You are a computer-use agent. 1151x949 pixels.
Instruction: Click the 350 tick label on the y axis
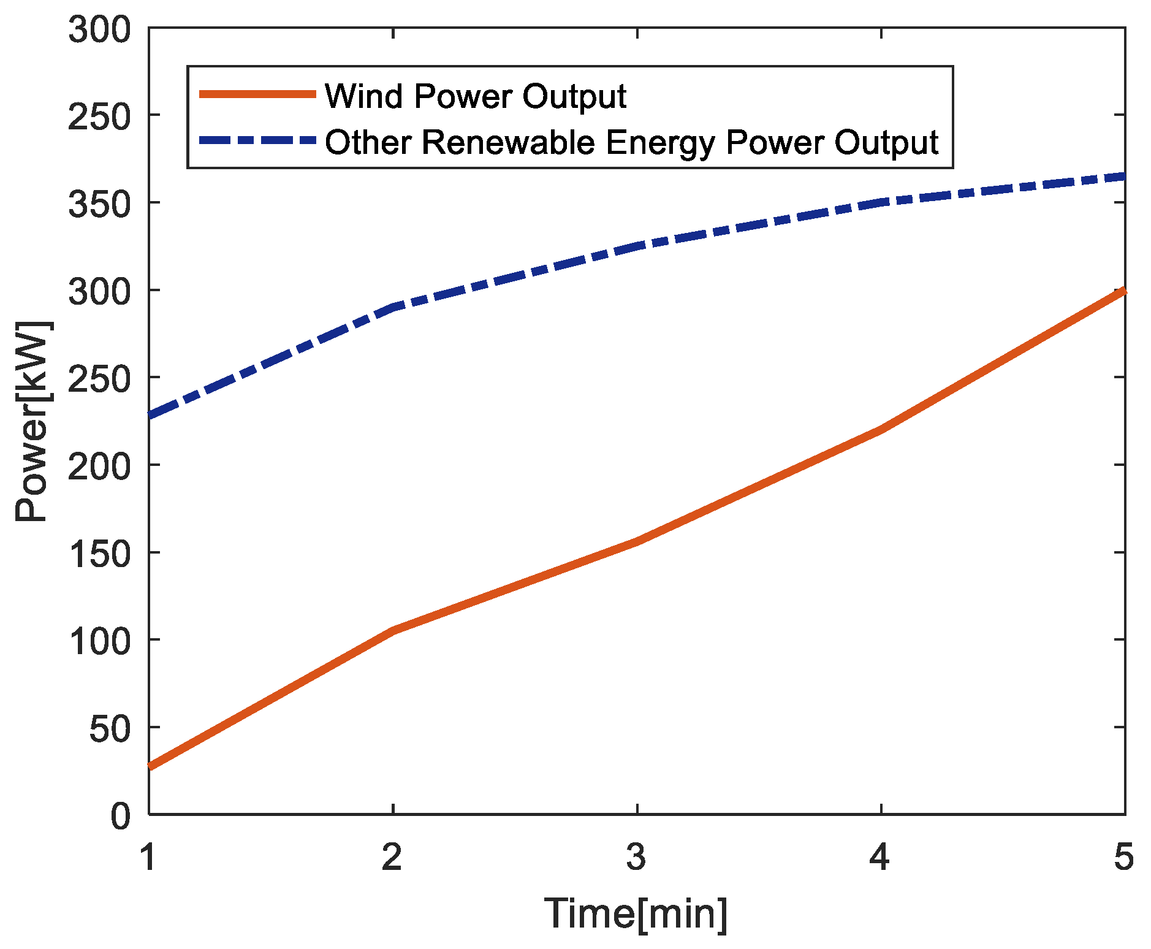click(x=99, y=204)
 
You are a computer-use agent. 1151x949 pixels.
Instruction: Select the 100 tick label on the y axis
click(x=99, y=642)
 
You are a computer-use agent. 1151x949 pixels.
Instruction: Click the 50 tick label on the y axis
click(x=110, y=730)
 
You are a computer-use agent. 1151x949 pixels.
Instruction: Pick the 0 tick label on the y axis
click(x=121, y=817)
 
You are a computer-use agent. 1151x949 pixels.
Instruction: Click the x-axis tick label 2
click(x=392, y=856)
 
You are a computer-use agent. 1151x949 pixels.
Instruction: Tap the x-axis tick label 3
click(x=637, y=856)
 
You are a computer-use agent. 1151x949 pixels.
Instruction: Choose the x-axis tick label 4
click(x=880, y=856)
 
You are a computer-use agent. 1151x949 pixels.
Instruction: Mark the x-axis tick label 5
click(x=1123, y=856)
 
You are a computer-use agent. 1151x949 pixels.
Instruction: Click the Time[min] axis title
click(x=636, y=914)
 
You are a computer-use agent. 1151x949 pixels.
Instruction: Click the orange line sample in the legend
click(x=257, y=94)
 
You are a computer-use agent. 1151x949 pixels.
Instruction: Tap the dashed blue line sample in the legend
click(x=257, y=140)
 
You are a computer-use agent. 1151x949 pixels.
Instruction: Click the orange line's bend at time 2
click(x=392, y=630)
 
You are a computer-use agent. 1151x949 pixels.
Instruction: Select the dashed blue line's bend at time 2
click(x=392, y=307)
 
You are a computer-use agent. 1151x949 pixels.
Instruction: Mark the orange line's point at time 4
click(x=881, y=430)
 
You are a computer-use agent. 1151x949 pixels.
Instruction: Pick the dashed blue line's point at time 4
click(x=881, y=202)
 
